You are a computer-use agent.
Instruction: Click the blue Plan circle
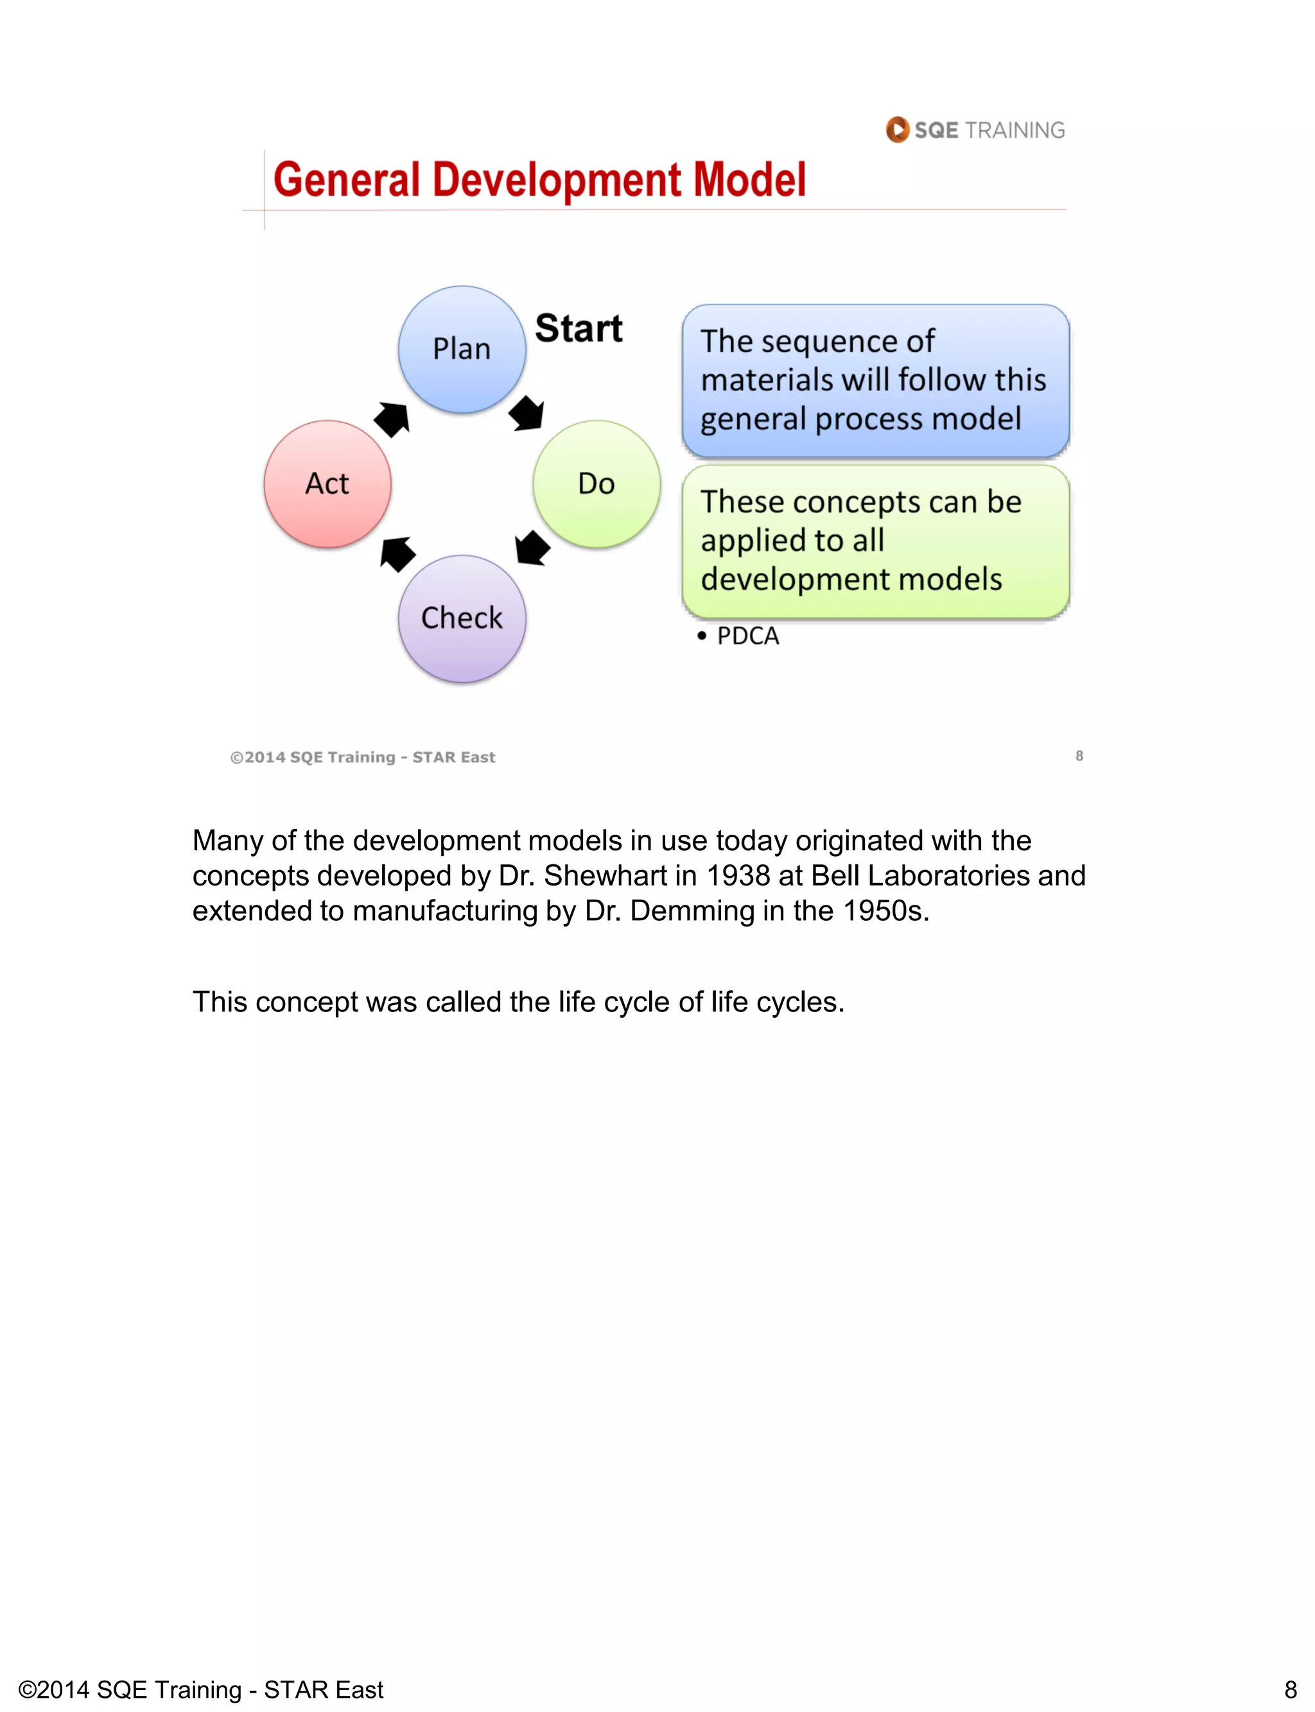[462, 349]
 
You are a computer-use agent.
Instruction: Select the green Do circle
[597, 484]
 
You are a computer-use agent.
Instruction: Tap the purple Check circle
[462, 618]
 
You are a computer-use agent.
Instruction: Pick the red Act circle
[327, 484]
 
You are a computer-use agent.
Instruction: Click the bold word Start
[579, 328]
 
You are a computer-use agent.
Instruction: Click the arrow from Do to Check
[533, 548]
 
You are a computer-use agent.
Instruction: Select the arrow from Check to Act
[397, 554]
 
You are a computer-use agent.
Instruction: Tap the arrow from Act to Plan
[392, 419]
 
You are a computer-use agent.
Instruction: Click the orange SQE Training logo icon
[897, 129]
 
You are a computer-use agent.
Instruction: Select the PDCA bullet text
[747, 636]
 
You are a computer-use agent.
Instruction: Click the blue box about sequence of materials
[875, 380]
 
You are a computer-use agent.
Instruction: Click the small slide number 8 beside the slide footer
[1079, 755]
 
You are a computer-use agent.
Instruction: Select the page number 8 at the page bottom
[1291, 1690]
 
